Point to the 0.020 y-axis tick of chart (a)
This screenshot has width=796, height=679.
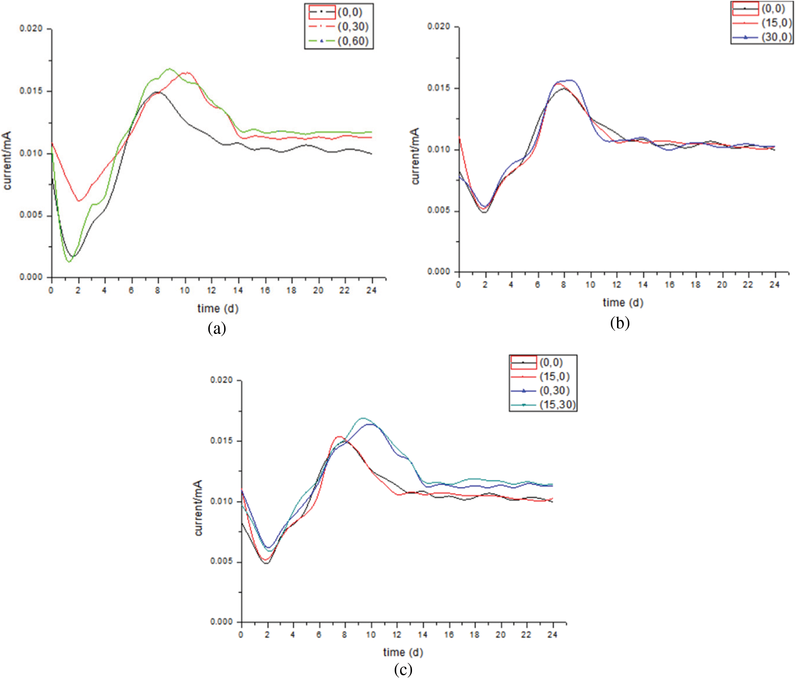click(x=31, y=29)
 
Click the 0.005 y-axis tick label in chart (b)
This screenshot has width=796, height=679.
click(x=439, y=211)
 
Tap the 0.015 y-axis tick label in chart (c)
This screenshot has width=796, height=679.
click(x=221, y=441)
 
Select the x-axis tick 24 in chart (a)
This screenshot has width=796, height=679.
click(x=371, y=291)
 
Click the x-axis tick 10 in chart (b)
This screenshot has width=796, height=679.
click(x=590, y=285)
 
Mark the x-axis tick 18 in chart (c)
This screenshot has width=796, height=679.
click(x=475, y=635)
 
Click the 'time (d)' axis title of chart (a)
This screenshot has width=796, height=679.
click(x=218, y=308)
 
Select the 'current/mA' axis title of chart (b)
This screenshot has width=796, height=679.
click(x=415, y=156)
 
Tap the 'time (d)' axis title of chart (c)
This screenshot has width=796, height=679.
click(x=403, y=652)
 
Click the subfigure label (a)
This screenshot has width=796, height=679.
click(x=217, y=329)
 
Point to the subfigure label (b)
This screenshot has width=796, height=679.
click(x=620, y=323)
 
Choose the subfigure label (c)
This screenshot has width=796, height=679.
click(x=403, y=670)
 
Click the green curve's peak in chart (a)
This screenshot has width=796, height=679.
click(x=169, y=69)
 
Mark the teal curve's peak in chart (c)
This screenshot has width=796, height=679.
click(x=363, y=418)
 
